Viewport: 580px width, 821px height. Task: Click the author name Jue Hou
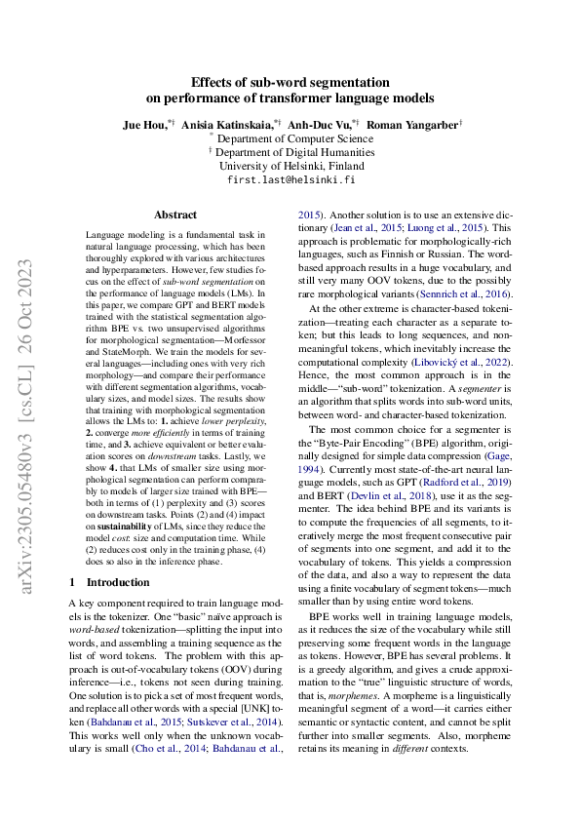click(x=142, y=126)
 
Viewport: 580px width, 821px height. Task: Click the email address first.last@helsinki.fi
click(x=290, y=180)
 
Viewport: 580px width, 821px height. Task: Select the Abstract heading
click(x=175, y=215)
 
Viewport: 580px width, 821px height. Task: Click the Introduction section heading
click(x=110, y=582)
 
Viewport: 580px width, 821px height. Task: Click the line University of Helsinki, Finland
click(x=290, y=167)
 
